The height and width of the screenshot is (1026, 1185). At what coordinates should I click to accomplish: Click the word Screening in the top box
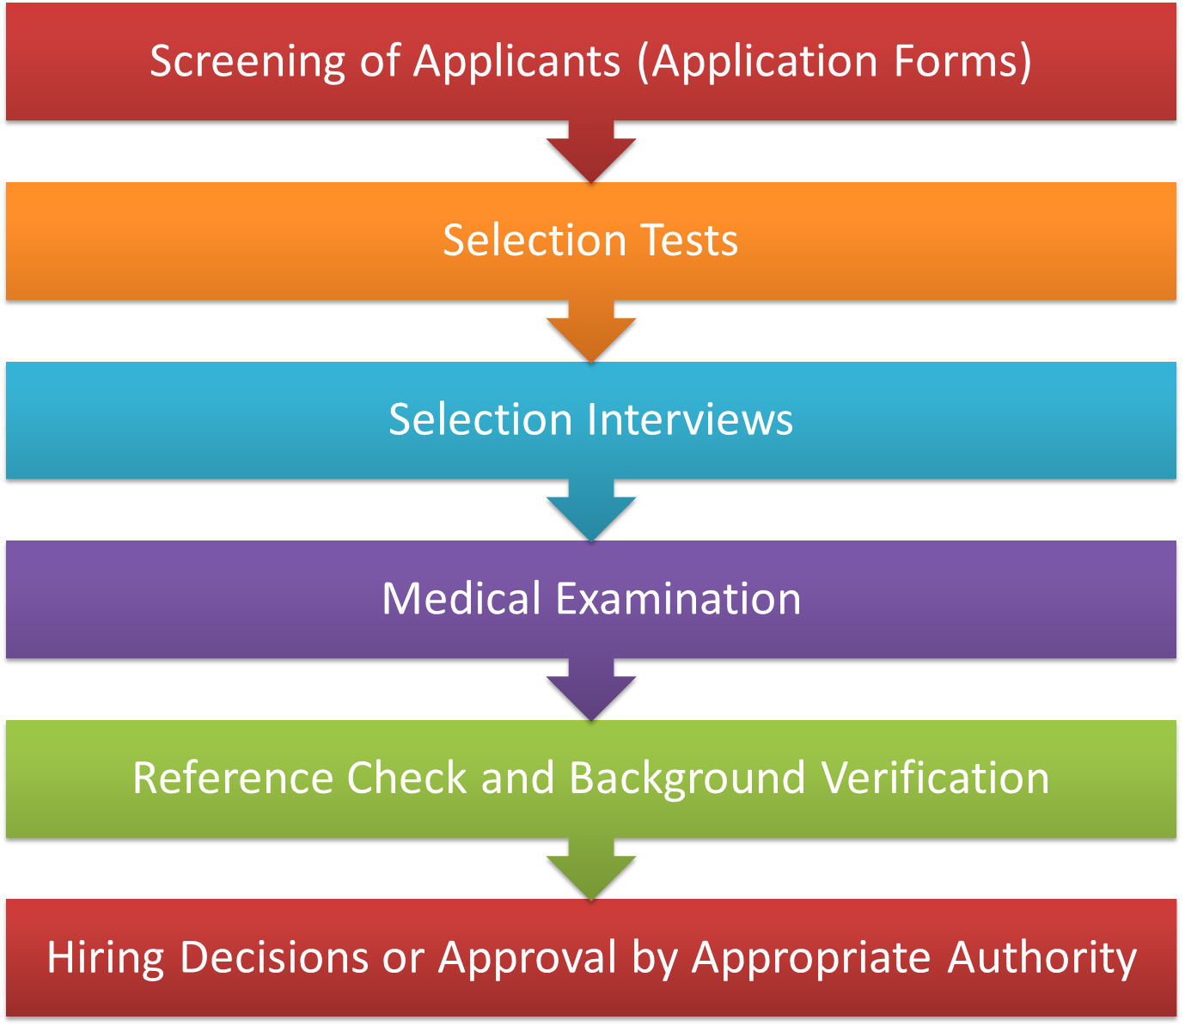pyautogui.click(x=247, y=62)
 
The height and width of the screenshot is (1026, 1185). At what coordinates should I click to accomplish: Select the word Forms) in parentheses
pyautogui.click(x=962, y=62)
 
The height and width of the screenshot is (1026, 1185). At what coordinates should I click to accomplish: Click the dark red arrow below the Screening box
pyautogui.click(x=591, y=155)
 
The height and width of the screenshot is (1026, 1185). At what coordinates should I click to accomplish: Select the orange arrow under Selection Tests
pyautogui.click(x=591, y=335)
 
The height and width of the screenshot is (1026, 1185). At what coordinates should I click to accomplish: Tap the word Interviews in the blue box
pyautogui.click(x=690, y=419)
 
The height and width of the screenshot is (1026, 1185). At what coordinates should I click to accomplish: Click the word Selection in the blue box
pyautogui.click(x=480, y=419)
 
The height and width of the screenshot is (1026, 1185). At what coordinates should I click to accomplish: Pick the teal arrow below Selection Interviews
pyautogui.click(x=591, y=514)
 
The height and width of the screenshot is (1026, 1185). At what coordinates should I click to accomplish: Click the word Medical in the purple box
pyautogui.click(x=461, y=598)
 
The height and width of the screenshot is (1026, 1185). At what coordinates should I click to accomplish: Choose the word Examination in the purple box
pyautogui.click(x=678, y=598)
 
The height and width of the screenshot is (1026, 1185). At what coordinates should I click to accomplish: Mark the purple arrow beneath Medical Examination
pyautogui.click(x=591, y=693)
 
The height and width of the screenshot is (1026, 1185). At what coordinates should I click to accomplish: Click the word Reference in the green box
pyautogui.click(x=233, y=778)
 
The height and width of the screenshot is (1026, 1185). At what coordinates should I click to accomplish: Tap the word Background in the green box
pyautogui.click(x=687, y=779)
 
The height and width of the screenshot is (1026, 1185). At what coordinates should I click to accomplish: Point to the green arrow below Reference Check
pyautogui.click(x=591, y=872)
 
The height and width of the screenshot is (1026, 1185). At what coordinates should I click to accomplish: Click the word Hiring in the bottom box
pyautogui.click(x=105, y=958)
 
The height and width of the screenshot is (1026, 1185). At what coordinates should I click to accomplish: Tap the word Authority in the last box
pyautogui.click(x=1041, y=958)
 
